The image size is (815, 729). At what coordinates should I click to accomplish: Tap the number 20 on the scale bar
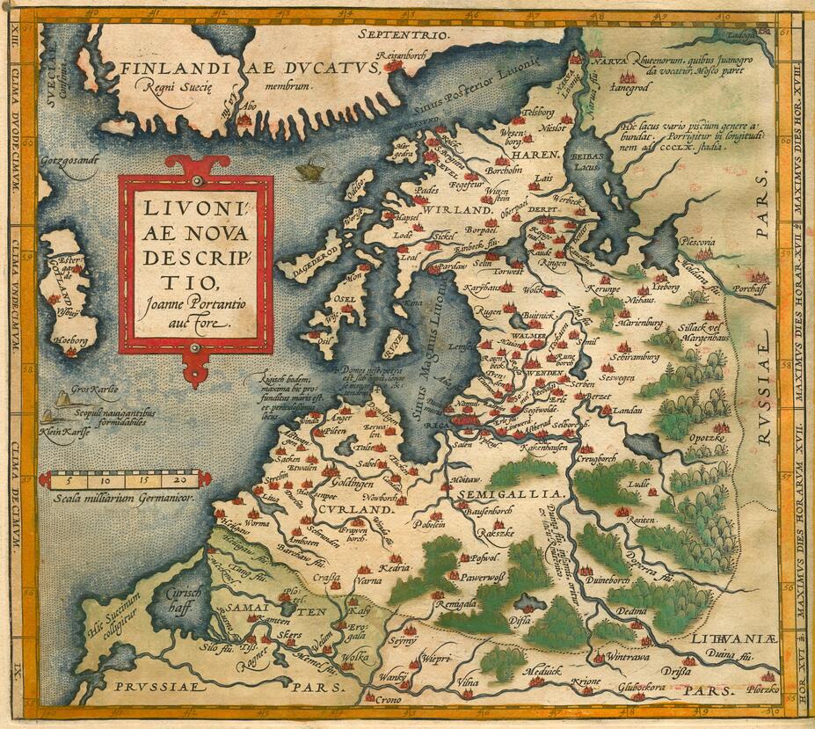point(180,480)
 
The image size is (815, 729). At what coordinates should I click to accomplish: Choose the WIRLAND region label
point(455,211)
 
